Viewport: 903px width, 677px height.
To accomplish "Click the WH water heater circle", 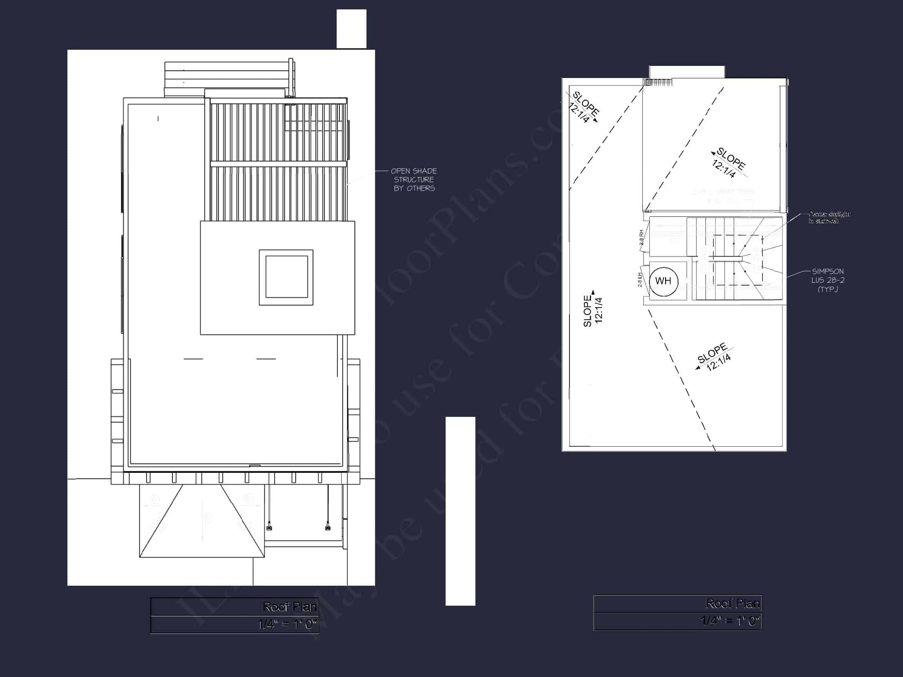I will [x=664, y=281].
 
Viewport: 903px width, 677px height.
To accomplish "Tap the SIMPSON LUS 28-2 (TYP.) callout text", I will [x=827, y=281].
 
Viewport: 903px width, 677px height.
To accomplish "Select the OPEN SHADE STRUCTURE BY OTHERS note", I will [x=414, y=179].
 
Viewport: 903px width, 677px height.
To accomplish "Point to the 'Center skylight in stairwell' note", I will [x=830, y=217].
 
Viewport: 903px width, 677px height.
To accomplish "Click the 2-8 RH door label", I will [x=641, y=237].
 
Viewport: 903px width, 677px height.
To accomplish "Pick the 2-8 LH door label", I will [x=640, y=280].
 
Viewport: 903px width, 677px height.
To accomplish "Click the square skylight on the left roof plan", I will [x=286, y=277].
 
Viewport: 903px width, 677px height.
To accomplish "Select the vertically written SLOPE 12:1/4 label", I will [x=593, y=311].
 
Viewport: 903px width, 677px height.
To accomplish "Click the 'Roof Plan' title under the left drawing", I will [x=289, y=607].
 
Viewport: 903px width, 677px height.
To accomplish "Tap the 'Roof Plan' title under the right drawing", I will [x=733, y=604].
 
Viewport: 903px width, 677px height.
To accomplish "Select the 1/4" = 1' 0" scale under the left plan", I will [x=287, y=625].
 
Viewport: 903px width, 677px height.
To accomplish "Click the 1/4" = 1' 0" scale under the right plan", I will [x=730, y=621].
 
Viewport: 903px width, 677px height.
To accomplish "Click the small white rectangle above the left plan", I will [x=351, y=29].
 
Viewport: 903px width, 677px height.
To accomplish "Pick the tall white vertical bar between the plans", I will [x=460, y=511].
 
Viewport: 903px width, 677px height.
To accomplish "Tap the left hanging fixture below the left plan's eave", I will [x=269, y=528].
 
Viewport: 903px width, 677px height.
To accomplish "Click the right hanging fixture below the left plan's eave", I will [x=327, y=528].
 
